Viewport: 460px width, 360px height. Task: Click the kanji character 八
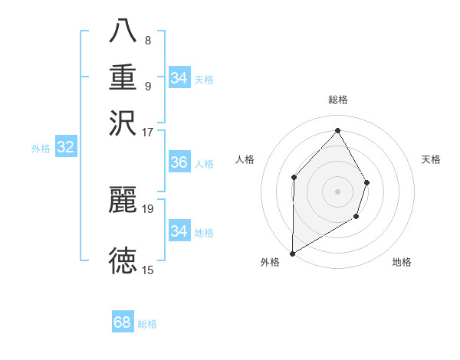[123, 31]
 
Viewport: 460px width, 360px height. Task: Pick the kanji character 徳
[123, 260]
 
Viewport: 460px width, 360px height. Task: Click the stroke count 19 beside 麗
[149, 208]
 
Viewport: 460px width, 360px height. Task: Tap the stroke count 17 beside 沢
[148, 132]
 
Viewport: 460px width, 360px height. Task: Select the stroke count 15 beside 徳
[148, 270]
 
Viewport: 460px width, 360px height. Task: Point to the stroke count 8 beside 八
[148, 41]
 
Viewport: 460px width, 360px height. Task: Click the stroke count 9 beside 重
[148, 86]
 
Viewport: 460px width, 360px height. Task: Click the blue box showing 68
[123, 322]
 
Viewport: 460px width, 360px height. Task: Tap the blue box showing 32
[66, 148]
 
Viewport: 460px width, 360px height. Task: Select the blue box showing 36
[179, 162]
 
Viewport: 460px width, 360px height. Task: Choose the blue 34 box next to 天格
[179, 77]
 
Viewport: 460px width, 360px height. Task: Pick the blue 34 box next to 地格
[179, 231]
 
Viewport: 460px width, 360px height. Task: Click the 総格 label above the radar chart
[337, 100]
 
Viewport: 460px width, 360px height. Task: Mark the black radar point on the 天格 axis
[367, 182]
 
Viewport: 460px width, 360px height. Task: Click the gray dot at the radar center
[337, 191]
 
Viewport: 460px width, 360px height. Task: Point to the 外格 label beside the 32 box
[41, 149]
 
